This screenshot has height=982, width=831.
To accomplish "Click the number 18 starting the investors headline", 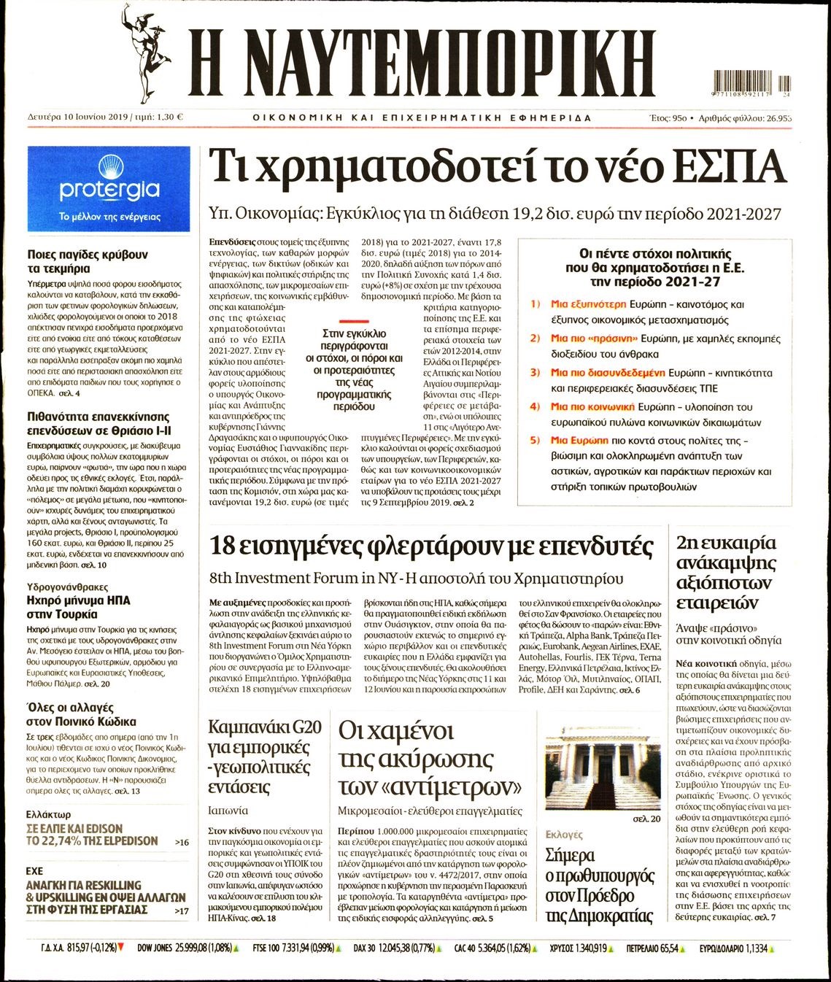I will [224, 545].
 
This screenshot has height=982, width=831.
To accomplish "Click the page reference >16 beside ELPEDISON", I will [182, 842].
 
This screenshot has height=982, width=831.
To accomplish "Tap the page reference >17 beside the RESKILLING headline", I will [182, 911].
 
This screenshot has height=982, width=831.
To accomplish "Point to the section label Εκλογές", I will [564, 834].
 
